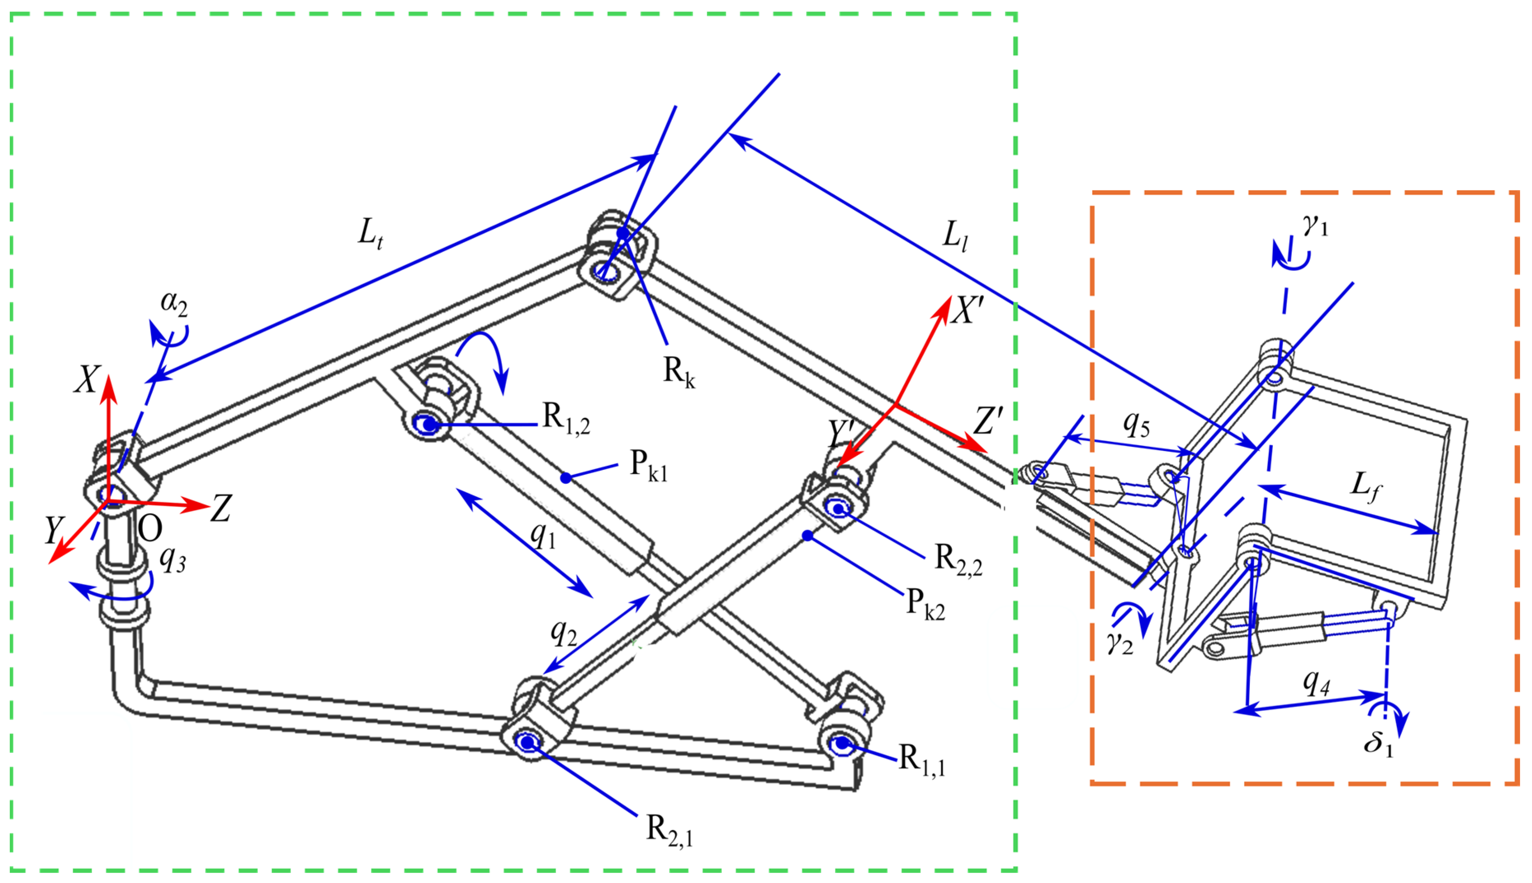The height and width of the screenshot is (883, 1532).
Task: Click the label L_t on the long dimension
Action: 370,234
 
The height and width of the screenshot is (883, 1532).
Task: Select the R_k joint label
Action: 679,371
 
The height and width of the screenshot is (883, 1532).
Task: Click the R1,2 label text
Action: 566,419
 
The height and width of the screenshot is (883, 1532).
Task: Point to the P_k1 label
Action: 648,466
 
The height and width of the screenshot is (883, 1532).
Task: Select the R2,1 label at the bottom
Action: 669,830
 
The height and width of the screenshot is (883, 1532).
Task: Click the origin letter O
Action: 150,529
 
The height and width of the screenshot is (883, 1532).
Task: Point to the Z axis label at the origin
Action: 220,508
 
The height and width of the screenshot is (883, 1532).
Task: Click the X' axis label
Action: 967,310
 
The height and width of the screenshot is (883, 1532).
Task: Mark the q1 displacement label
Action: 542,535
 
